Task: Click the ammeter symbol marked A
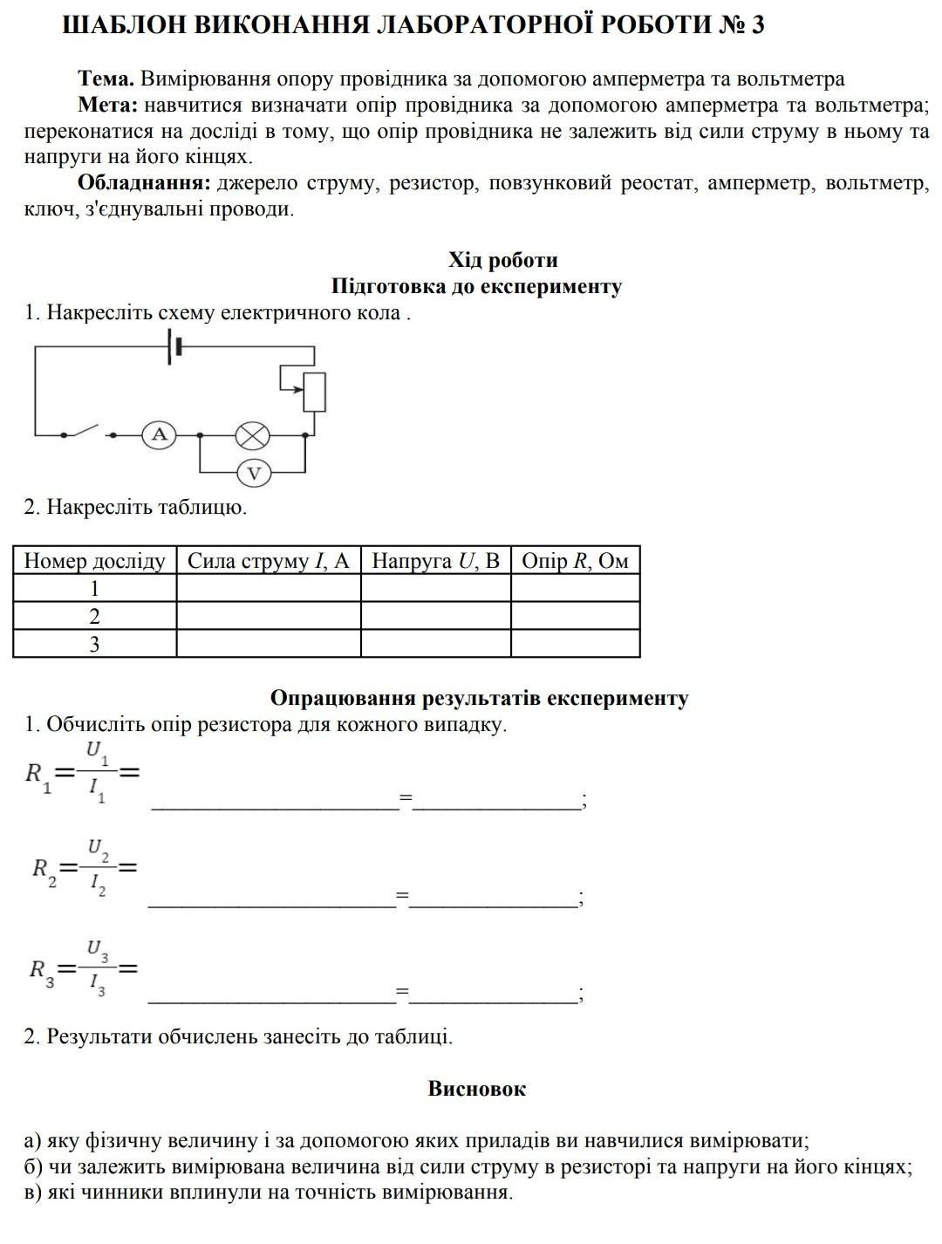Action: coord(159,434)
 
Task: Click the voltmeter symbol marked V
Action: coord(254,474)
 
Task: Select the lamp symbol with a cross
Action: coord(254,434)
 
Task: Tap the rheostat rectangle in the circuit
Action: coord(314,392)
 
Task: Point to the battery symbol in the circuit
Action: coord(175,346)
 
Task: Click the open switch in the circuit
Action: coord(87,431)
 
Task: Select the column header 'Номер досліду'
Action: coord(94,561)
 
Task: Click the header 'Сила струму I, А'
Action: coord(268,561)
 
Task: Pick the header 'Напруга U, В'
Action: coord(435,561)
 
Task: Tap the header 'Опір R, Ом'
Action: coord(575,561)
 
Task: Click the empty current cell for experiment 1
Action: coord(268,588)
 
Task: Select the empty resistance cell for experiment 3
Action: coord(575,644)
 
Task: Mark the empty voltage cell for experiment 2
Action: coord(435,616)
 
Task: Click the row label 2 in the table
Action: coord(94,616)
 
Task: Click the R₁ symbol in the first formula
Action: coord(38,775)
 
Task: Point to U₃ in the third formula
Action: coord(97,950)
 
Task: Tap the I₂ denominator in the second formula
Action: coord(97,885)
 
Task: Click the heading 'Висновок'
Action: coord(476,1089)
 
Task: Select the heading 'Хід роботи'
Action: coord(502,260)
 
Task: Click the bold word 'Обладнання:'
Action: coord(144,183)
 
